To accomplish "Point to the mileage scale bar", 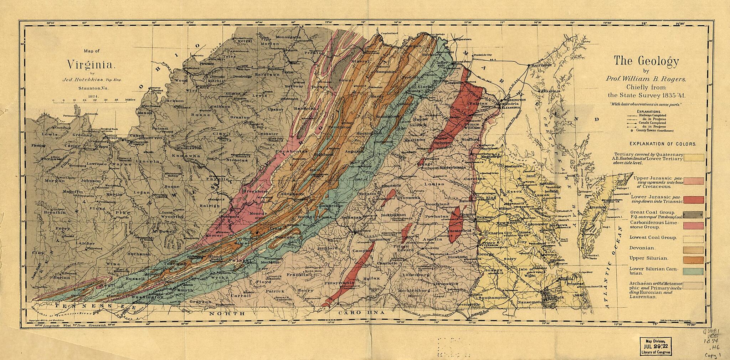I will (x=89, y=102).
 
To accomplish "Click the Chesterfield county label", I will (x=458, y=231).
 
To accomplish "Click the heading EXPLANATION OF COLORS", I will (x=663, y=144).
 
